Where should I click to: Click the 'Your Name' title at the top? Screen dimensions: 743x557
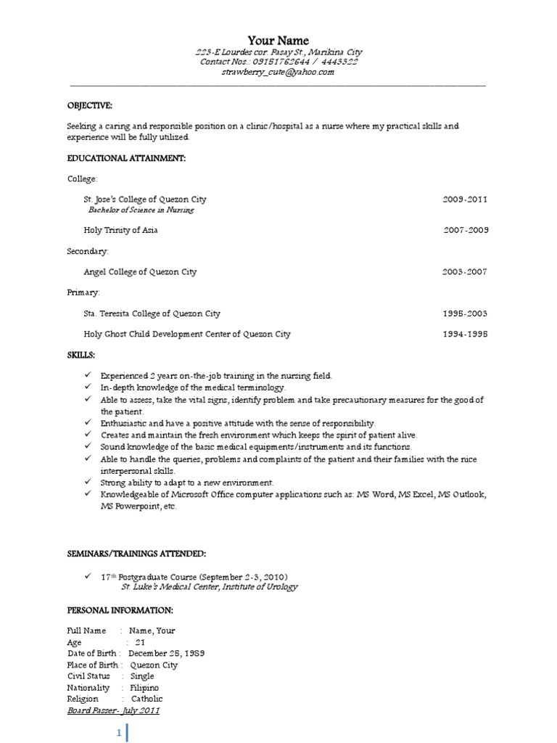[x=278, y=41]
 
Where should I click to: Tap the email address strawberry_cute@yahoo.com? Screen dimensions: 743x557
[x=278, y=72]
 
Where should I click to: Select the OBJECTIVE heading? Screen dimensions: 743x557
[x=90, y=105]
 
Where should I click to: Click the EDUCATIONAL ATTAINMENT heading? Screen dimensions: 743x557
[x=126, y=158]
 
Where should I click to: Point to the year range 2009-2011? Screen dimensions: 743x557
[x=465, y=199]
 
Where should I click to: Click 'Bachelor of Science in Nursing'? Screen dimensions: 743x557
[x=141, y=210]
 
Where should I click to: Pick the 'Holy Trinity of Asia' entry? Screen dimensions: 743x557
[x=120, y=230]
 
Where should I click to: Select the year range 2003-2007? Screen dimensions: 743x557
[x=465, y=272]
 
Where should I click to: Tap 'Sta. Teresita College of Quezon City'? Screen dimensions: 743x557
[x=152, y=313]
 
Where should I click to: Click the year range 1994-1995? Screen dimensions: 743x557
[x=465, y=334]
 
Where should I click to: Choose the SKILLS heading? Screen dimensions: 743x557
[x=81, y=356]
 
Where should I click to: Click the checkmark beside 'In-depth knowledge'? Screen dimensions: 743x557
[x=86, y=388]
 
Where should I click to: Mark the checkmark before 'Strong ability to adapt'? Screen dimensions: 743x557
[x=86, y=482]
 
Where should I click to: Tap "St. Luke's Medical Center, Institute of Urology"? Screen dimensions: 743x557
[x=209, y=586]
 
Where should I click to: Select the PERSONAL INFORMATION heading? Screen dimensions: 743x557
[x=120, y=610]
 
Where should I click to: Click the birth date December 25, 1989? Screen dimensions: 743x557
[x=166, y=653]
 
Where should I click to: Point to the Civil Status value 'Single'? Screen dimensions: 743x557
[x=142, y=676]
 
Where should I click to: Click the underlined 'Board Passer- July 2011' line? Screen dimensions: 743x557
[x=113, y=710]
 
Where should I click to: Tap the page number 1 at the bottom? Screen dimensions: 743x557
[x=119, y=734]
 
